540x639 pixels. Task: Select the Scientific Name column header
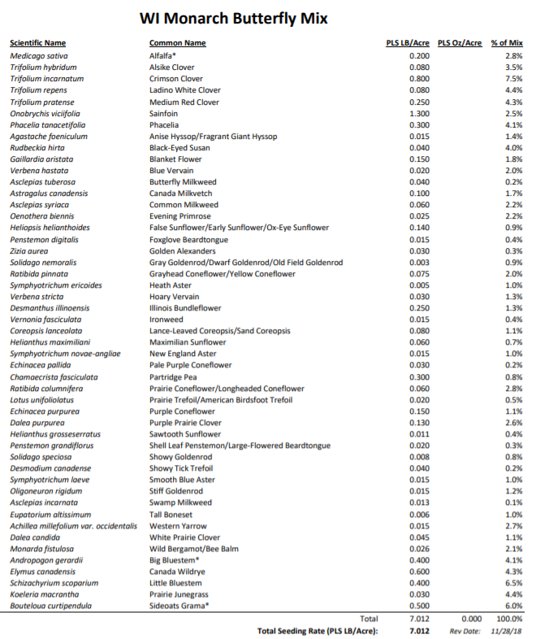coord(38,43)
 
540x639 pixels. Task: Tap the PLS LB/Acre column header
coord(408,43)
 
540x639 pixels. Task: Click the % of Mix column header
coord(507,43)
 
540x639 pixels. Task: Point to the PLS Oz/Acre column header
coord(460,43)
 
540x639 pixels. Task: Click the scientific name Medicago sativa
coord(39,55)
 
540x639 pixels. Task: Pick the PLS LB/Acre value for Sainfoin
coord(419,114)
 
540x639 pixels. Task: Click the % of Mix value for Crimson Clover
coord(513,79)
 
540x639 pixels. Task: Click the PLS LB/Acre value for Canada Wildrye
coord(419,572)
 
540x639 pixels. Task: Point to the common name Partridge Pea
coord(173,377)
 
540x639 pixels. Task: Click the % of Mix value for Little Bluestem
coord(513,583)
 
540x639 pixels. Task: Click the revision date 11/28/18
coord(508,631)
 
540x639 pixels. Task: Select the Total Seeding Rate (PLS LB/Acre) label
coord(318,631)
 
